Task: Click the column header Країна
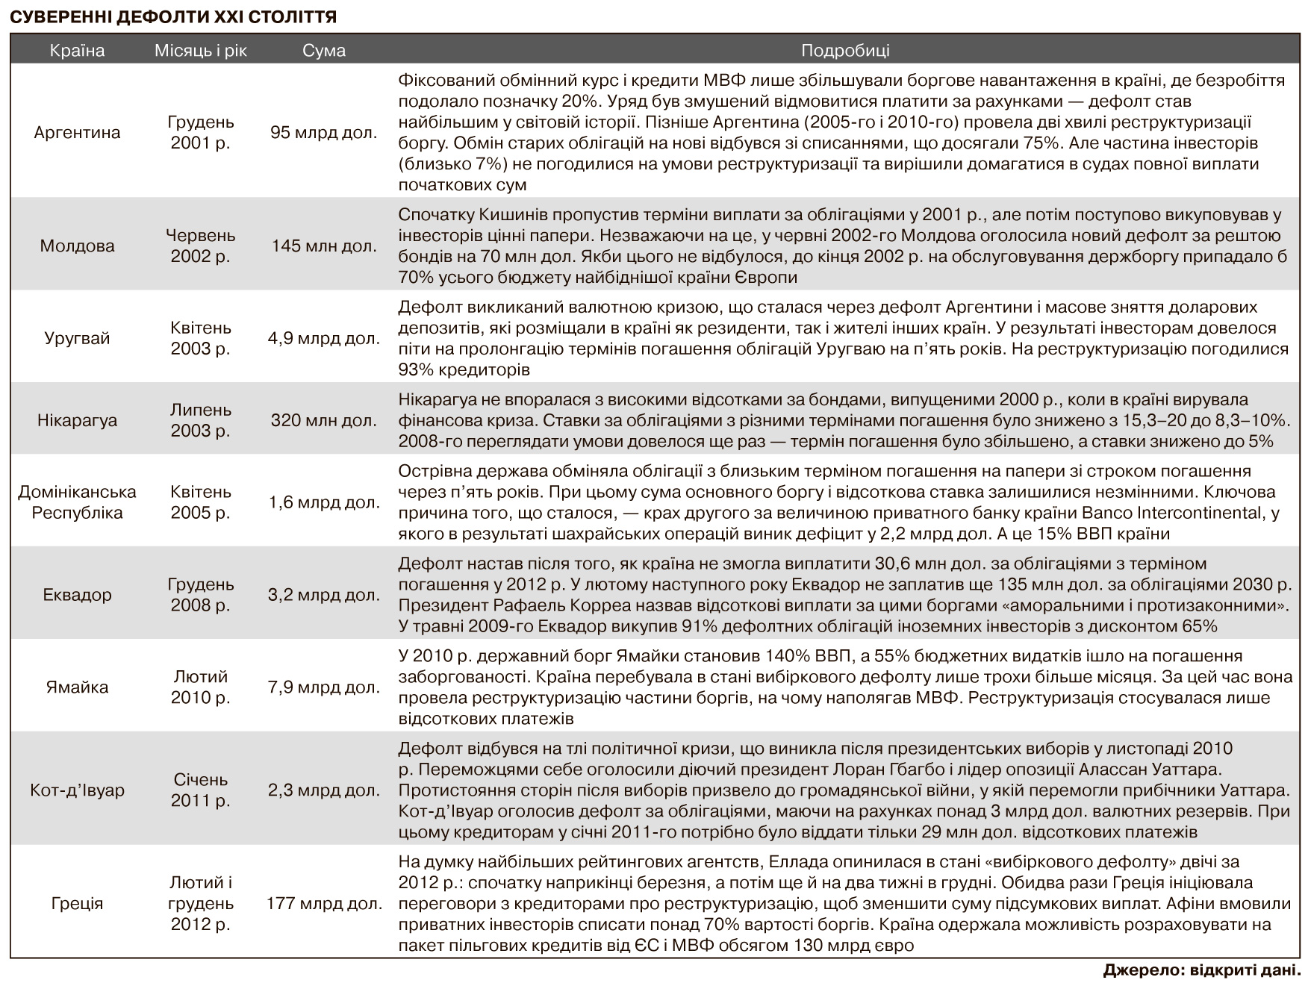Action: (77, 51)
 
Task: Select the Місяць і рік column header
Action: (200, 51)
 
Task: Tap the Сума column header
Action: (324, 51)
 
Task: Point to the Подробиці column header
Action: (845, 51)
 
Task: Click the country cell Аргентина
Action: (77, 132)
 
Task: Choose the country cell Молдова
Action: (77, 246)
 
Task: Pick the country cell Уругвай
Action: (77, 338)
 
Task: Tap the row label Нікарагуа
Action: (77, 420)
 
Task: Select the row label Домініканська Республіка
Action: (77, 502)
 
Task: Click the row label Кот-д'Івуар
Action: (77, 790)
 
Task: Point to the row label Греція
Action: (77, 903)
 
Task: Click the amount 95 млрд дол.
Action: (324, 132)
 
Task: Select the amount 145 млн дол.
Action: (324, 246)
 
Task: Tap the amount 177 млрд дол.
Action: (324, 903)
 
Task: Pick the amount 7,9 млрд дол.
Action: (324, 687)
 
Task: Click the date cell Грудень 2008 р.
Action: (200, 595)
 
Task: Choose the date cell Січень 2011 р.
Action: (200, 790)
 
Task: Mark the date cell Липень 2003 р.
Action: (200, 420)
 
